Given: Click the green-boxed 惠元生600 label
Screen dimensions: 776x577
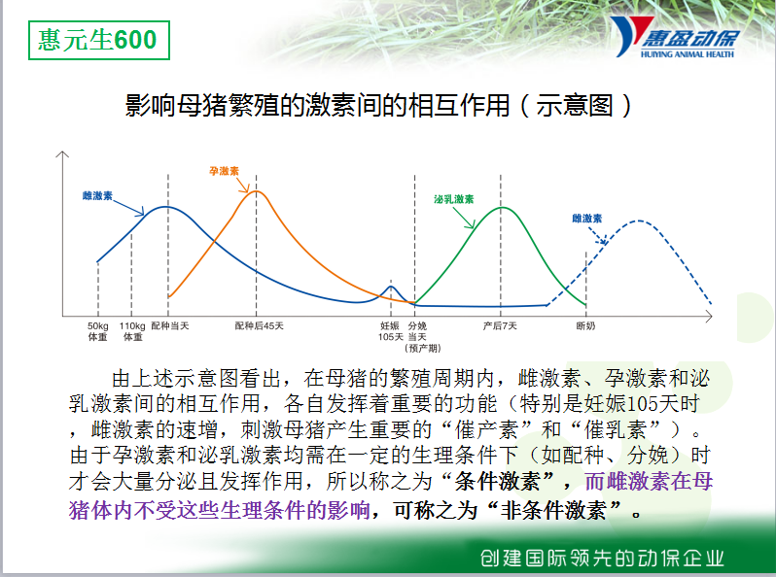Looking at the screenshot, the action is [x=98, y=40].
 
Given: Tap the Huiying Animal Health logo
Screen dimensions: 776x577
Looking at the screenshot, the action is [x=675, y=37].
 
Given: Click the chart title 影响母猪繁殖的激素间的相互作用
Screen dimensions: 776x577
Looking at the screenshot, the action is [x=317, y=105].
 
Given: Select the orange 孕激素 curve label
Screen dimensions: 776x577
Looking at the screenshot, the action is [x=225, y=171].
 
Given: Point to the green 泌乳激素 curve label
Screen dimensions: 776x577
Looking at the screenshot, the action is [x=454, y=199].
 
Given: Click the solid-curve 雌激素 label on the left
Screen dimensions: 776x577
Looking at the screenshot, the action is [x=97, y=196].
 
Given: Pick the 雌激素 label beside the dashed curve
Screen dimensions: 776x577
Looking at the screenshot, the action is [x=587, y=219].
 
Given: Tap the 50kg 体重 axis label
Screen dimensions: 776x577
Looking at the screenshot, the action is [x=98, y=331].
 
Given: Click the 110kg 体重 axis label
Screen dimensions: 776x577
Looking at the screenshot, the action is [x=132, y=331].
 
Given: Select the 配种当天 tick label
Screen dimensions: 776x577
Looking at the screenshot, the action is [x=170, y=325].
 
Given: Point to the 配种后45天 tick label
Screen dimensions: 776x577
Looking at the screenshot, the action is [x=259, y=325].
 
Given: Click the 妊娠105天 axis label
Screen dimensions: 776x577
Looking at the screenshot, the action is [x=391, y=331].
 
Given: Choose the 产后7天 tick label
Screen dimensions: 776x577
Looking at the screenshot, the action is [x=500, y=325].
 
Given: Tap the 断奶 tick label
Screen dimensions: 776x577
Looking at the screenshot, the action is [x=585, y=325].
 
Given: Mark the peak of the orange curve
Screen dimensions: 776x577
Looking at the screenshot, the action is [x=256, y=190].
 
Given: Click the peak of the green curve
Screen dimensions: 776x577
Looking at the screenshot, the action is [x=501, y=207].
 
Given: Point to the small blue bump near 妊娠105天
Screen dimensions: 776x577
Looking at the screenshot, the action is [x=391, y=287].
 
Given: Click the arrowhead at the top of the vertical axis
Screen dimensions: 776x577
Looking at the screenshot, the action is [x=62, y=154].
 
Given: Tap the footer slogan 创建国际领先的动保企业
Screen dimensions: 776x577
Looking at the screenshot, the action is [x=602, y=559].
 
